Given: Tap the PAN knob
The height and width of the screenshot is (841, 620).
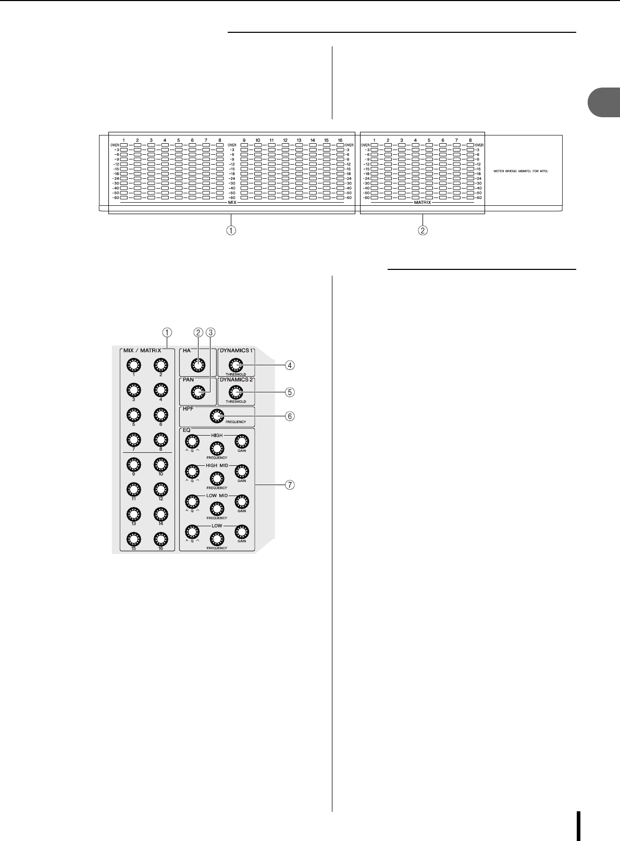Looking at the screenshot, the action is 197,392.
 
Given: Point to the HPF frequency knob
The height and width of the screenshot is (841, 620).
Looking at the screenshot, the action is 217,415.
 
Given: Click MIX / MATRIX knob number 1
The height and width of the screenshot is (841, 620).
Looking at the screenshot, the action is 133,365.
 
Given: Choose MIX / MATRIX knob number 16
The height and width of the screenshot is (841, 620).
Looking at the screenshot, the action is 161,539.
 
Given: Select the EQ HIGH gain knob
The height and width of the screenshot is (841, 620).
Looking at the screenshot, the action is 242,441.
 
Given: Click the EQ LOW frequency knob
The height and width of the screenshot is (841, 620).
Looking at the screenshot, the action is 217,539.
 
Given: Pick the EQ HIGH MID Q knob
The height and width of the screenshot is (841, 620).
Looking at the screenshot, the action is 192,472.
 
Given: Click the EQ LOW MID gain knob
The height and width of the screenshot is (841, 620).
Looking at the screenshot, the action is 242,502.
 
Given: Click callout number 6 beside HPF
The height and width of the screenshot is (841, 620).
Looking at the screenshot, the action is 290,416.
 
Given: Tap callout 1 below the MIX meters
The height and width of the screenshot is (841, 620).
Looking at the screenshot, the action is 231,230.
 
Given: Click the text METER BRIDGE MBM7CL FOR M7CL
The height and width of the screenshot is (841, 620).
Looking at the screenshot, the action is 521,171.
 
